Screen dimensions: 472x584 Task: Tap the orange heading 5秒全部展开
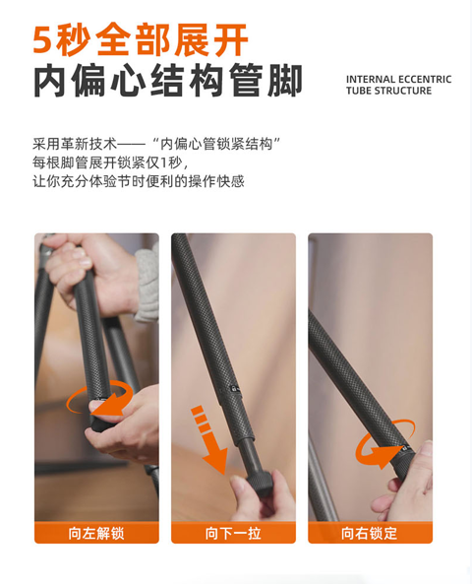coord(141,39)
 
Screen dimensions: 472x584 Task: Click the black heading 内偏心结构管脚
coord(168,81)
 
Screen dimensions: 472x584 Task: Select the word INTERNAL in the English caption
coord(370,80)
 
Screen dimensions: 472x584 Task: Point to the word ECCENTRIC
coord(425,80)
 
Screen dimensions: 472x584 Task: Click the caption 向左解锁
coord(96,534)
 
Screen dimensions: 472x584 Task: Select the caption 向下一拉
coord(233,534)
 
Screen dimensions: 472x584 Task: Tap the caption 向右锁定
coord(370,534)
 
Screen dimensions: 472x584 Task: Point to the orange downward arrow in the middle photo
coord(209,439)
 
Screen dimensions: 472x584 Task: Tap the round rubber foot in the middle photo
coord(260,483)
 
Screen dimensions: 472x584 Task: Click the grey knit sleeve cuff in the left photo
coord(147,285)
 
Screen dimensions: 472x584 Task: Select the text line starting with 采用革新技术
coord(156,144)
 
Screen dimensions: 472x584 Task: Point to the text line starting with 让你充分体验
coord(139,181)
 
